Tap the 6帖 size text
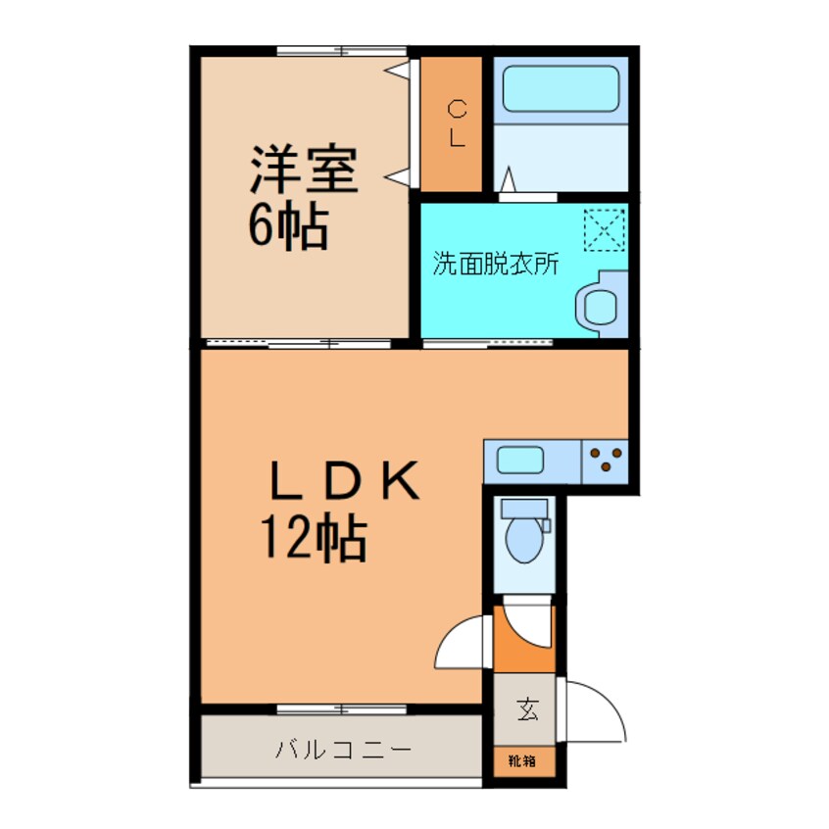coord(289,225)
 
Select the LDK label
coord(345,480)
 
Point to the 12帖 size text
coord(314,538)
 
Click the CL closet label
coord(457,123)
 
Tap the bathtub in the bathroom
coord(561,88)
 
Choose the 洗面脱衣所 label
coord(496,263)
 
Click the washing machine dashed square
coord(605,229)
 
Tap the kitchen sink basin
coord(520,461)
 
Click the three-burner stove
coord(606,461)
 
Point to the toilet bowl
coord(524,539)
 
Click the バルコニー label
coord(343,750)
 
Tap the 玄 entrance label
coord(527,708)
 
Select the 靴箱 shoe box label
coord(522,760)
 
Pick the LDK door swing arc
coord(450,637)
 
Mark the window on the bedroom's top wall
coord(342,51)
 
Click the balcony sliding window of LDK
coord(342,709)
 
